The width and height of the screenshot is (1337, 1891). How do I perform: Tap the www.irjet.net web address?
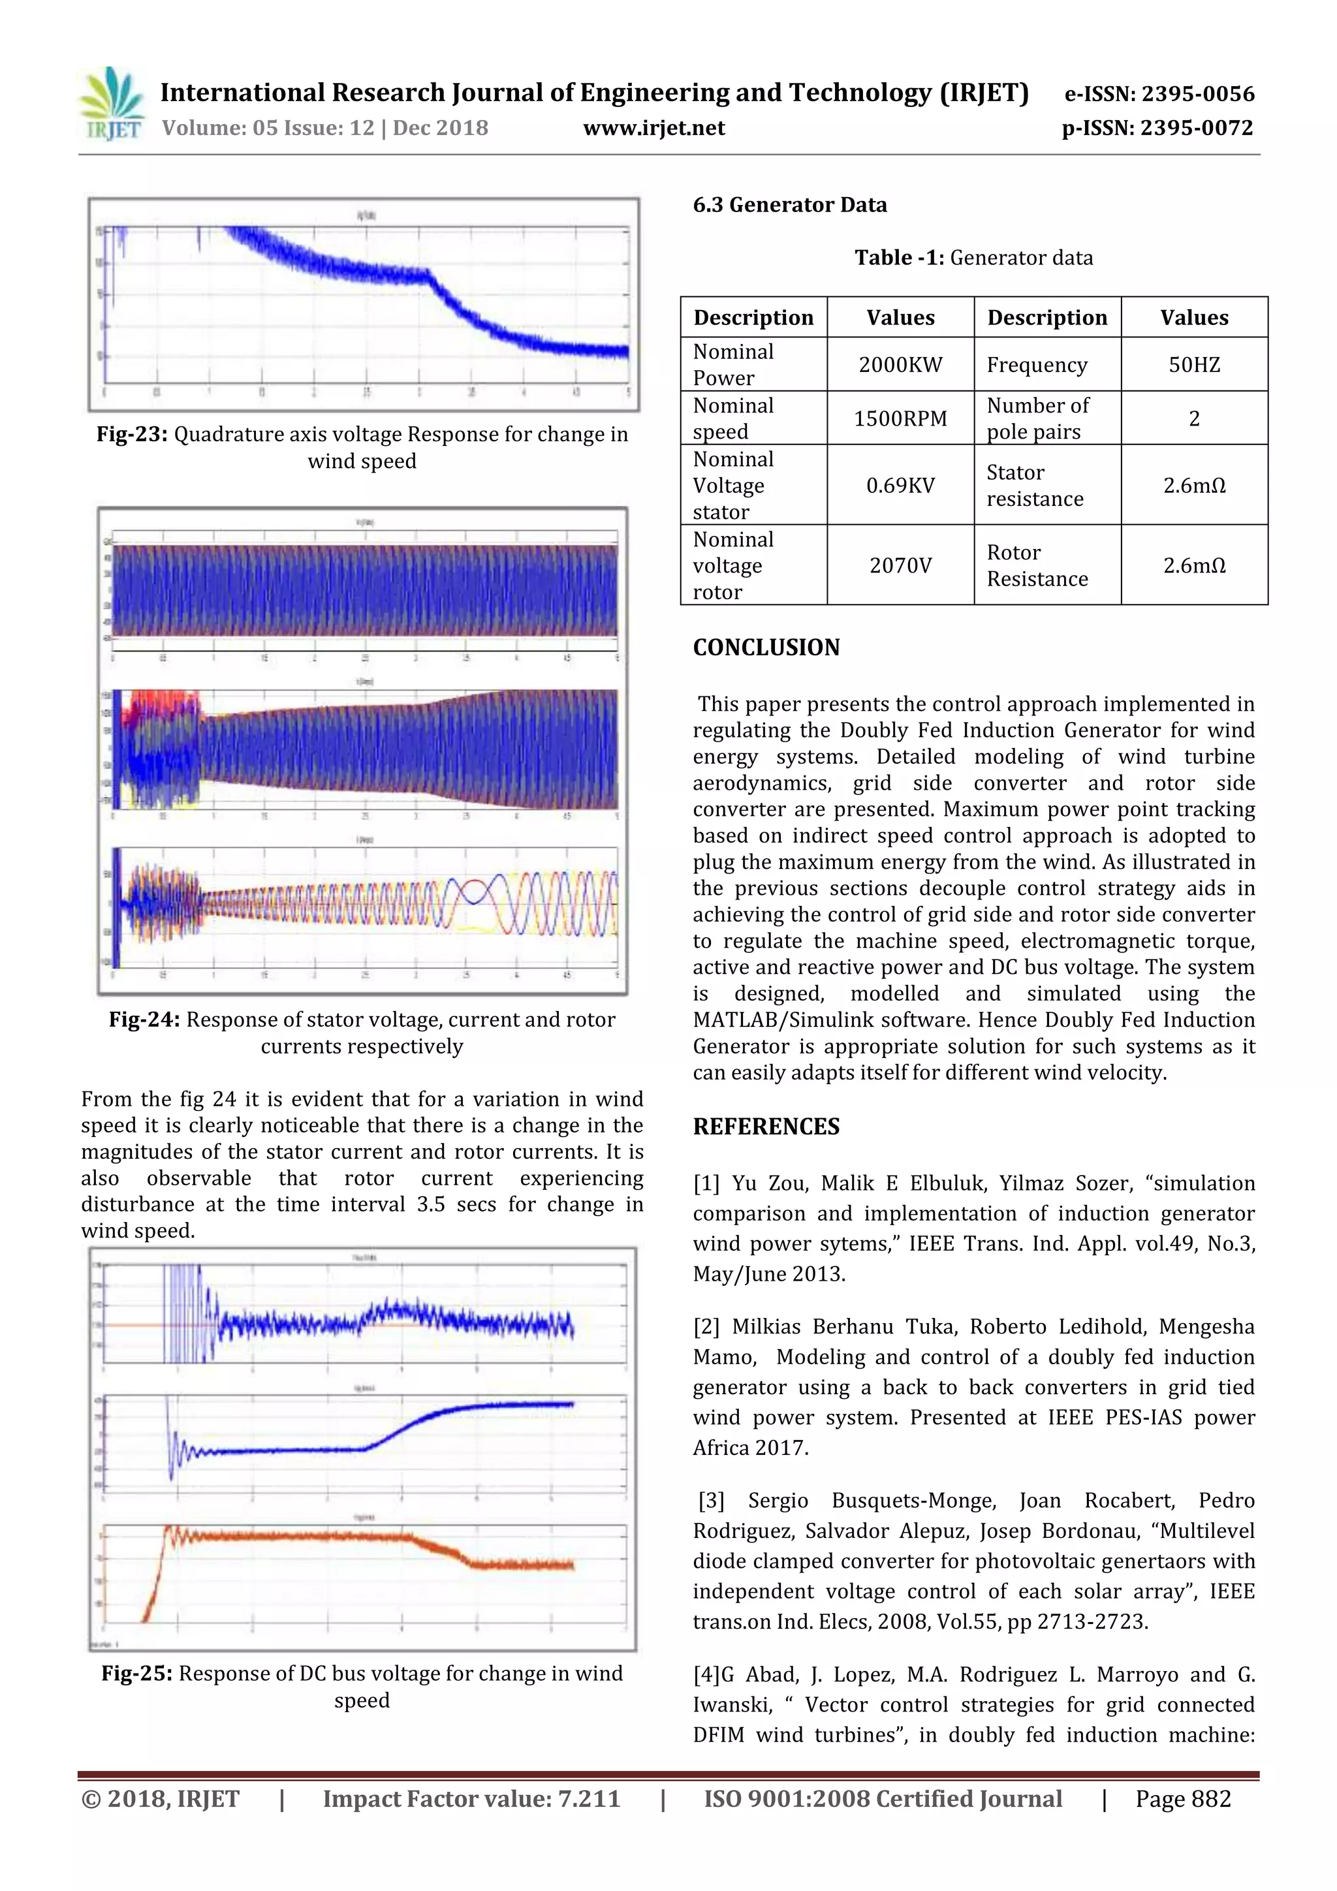tap(653, 129)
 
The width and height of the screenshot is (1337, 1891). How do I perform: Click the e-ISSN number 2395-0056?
tap(1197, 94)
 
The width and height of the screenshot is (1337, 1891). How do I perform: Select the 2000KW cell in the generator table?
tap(900, 365)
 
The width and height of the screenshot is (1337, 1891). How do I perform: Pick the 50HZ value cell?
tap(1193, 365)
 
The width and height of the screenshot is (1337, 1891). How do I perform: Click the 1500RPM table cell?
tap(900, 418)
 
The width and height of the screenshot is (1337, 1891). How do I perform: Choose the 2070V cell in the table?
tap(900, 566)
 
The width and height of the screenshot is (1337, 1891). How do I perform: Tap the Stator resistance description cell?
tap(1035, 486)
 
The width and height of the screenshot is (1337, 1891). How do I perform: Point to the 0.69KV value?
tap(900, 486)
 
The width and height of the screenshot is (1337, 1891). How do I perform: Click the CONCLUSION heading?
tap(766, 648)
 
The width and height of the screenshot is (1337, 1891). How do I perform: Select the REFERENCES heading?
tap(766, 1127)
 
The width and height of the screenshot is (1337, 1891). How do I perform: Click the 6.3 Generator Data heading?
tap(789, 205)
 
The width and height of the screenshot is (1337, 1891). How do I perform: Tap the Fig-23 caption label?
tap(132, 435)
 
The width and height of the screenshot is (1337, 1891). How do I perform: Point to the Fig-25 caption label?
tap(136, 1674)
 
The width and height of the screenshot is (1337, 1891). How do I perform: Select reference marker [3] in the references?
tap(711, 1501)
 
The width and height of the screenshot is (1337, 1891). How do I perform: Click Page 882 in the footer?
tap(1182, 1799)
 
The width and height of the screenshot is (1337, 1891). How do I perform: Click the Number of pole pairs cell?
tap(1037, 418)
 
